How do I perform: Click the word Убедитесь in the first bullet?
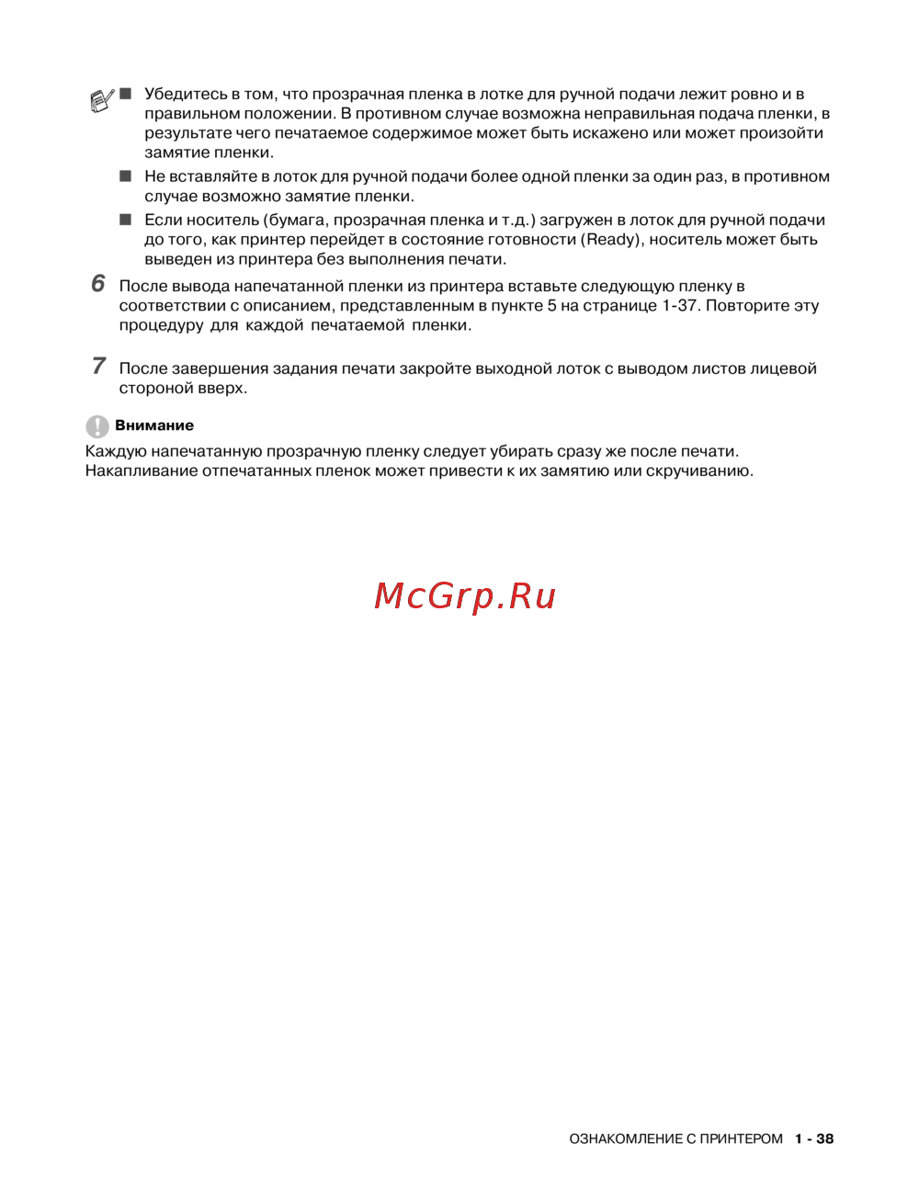click(185, 94)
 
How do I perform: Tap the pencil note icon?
click(102, 99)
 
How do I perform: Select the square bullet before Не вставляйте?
click(125, 176)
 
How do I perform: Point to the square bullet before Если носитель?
click(125, 220)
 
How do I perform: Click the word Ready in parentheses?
click(611, 240)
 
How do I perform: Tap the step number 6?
click(98, 284)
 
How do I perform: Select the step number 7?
click(98, 366)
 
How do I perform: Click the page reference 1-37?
click(678, 306)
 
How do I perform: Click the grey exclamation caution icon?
click(96, 426)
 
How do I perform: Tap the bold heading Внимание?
click(154, 425)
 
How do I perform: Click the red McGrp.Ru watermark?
click(465, 596)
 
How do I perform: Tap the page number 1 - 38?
click(814, 1139)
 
